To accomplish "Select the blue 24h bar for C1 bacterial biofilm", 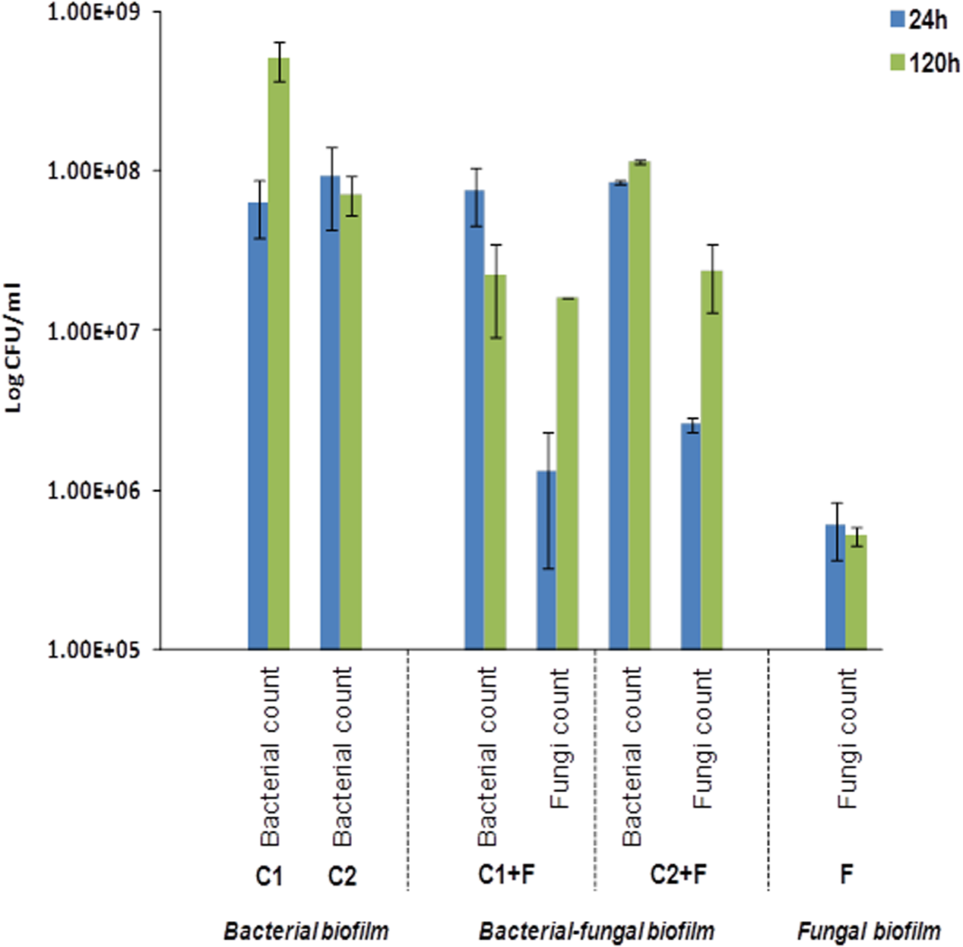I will point(258,425).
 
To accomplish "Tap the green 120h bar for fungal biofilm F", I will point(857,592).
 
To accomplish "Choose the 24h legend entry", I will point(919,20).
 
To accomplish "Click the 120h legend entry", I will point(924,63).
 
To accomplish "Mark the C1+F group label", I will point(506,875).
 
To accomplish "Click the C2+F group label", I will point(678,875).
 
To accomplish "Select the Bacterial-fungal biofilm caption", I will point(596,931).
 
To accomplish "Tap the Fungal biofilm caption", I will point(869,931).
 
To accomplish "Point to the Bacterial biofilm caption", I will point(306,931).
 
